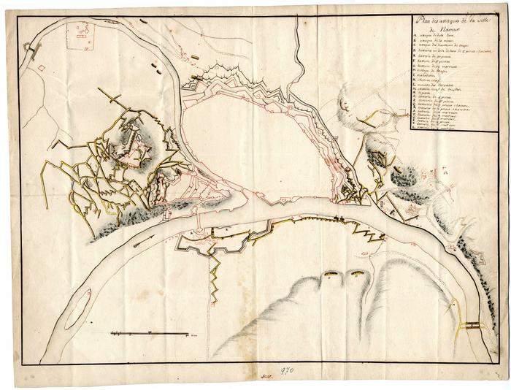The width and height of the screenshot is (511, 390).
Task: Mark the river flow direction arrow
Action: (145, 237)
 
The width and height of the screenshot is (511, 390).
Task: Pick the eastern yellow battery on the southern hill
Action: (357, 274)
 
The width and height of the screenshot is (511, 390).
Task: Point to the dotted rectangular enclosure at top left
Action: (80, 37)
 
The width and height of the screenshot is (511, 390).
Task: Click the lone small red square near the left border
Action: (42, 68)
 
